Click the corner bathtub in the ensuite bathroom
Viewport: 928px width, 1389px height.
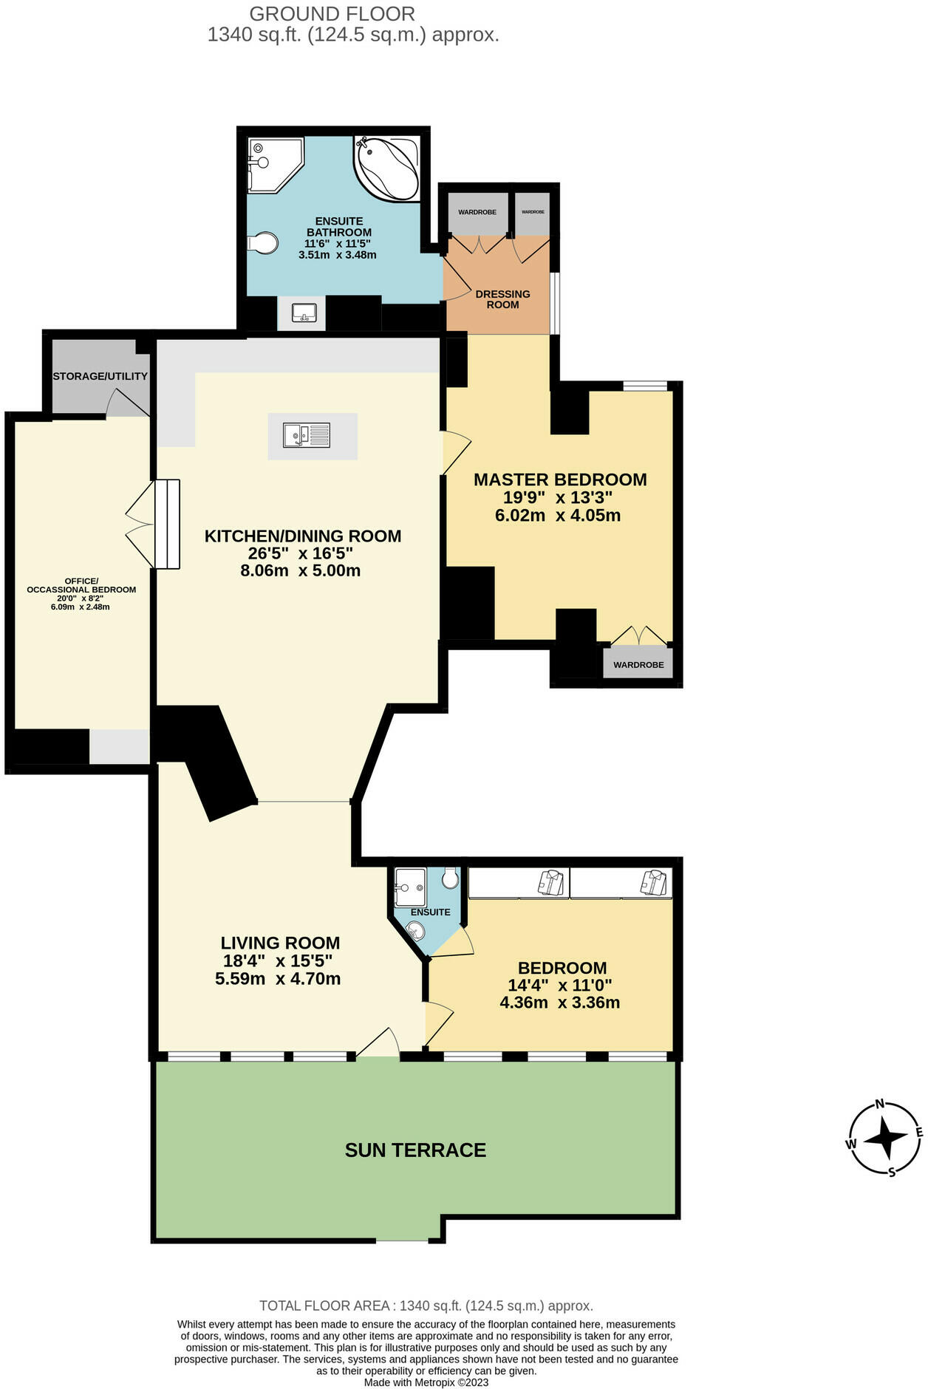point(387,168)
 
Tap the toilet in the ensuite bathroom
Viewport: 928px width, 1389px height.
point(263,242)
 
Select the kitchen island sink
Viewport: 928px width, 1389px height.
point(307,435)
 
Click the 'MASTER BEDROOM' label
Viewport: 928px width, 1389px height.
point(560,480)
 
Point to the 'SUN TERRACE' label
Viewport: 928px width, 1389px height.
point(415,1150)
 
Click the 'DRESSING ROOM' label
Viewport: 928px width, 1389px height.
point(503,299)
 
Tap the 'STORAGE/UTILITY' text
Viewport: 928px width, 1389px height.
point(100,376)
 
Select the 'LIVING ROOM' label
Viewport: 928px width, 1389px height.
point(280,943)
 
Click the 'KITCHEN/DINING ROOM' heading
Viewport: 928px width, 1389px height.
point(303,536)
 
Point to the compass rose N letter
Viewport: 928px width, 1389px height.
point(880,1105)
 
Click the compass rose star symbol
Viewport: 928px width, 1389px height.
point(885,1139)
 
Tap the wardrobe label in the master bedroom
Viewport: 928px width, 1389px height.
point(638,665)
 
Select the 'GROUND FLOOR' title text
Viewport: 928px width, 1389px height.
point(332,14)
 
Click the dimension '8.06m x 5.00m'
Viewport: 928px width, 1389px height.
point(300,570)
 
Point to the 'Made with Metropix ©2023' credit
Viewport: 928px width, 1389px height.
point(426,1382)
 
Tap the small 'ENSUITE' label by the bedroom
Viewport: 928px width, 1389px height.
point(430,912)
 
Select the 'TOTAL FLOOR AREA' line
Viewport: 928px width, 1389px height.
point(426,1306)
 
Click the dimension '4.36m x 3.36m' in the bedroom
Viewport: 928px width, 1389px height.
point(560,1003)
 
